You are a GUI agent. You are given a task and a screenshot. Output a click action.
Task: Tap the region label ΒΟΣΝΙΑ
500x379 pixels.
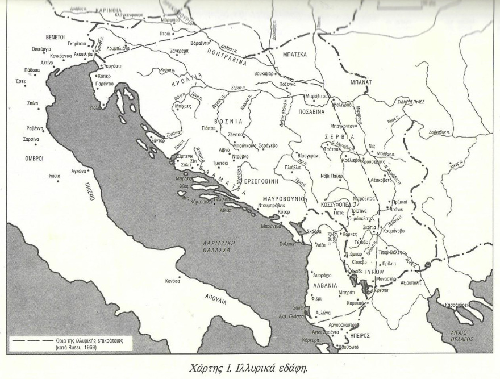click(x=228, y=122)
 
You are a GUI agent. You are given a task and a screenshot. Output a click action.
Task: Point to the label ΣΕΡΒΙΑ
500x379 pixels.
click(x=339, y=137)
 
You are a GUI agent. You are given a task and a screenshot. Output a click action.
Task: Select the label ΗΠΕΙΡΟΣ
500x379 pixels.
click(x=357, y=335)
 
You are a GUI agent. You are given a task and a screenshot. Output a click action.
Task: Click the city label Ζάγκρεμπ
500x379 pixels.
click(x=175, y=51)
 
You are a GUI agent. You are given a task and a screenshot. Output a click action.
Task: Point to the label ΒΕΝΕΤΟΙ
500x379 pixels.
click(x=59, y=36)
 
